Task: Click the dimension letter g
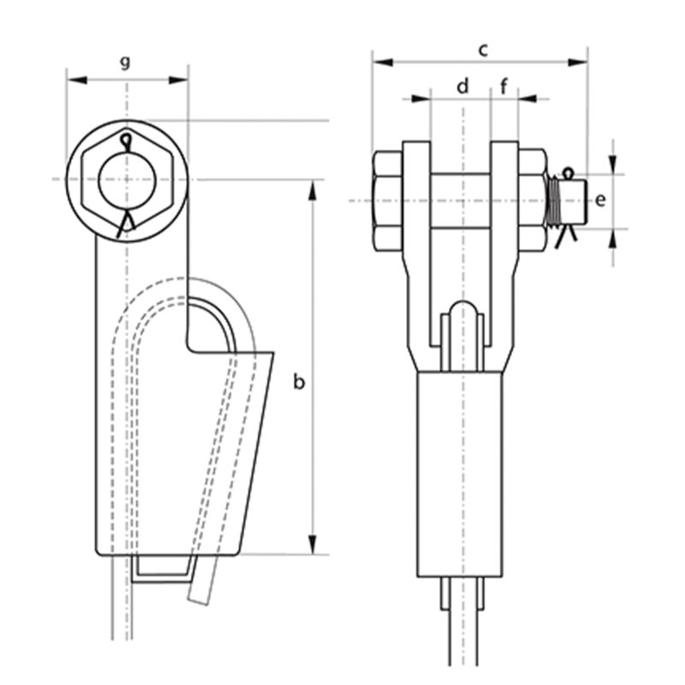(126, 62)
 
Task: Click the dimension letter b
(298, 382)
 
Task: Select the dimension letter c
(483, 51)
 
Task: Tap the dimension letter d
(462, 86)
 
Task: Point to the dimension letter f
(503, 86)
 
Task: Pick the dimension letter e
(600, 200)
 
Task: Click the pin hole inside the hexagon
(126, 180)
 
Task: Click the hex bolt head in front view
(388, 201)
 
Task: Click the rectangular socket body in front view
(462, 471)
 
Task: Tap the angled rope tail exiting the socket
(199, 582)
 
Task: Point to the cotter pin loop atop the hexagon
(127, 140)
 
